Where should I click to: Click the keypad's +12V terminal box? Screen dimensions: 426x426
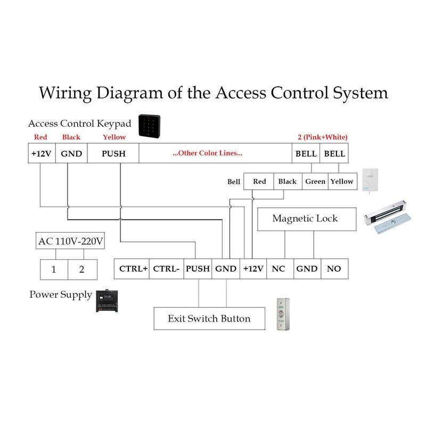[x=41, y=153]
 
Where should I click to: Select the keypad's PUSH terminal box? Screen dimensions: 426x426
[x=113, y=153]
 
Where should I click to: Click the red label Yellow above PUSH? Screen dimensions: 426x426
[x=114, y=137]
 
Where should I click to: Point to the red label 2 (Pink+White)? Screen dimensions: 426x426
[x=322, y=137]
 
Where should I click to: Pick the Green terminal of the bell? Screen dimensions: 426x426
[x=315, y=182]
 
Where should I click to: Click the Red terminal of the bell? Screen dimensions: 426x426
[x=259, y=182]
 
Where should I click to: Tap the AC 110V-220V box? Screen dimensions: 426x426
[x=70, y=242]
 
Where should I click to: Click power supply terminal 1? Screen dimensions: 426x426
[x=54, y=269]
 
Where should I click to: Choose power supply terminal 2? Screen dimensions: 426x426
[x=81, y=269]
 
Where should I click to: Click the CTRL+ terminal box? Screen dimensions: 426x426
[x=133, y=269]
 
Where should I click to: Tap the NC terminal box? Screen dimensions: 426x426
[x=278, y=269]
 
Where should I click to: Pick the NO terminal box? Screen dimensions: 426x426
[x=334, y=269]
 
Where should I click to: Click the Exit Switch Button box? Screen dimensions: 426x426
[x=209, y=319]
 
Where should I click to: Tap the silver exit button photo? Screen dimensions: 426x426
[x=283, y=315]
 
